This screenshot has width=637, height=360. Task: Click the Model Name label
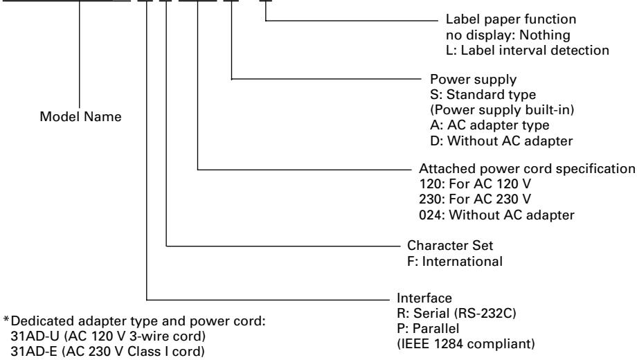point(80,116)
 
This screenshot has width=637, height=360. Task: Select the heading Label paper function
point(511,19)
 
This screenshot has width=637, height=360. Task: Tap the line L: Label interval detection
point(528,51)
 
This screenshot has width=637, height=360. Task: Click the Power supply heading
point(474,79)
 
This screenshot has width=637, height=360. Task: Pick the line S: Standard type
point(483,95)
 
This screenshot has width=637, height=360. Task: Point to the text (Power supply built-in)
point(502,109)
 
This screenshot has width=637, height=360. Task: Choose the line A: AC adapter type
point(490,125)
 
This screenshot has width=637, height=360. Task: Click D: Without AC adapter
point(501,141)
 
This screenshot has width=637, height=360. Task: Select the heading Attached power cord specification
point(527,169)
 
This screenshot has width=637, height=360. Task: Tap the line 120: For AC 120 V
point(475,184)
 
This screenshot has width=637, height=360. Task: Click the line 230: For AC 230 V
point(475,199)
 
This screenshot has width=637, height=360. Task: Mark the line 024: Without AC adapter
point(496,215)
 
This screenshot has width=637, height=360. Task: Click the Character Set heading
point(450,245)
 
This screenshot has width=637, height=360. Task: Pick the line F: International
point(455,261)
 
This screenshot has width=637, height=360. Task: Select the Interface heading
point(424,298)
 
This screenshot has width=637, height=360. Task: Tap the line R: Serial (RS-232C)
point(456,314)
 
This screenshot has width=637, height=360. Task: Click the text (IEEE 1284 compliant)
point(465,344)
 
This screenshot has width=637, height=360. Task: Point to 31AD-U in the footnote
point(35,336)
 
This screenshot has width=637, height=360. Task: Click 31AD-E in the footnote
point(34,352)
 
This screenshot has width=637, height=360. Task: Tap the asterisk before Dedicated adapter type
point(6,319)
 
